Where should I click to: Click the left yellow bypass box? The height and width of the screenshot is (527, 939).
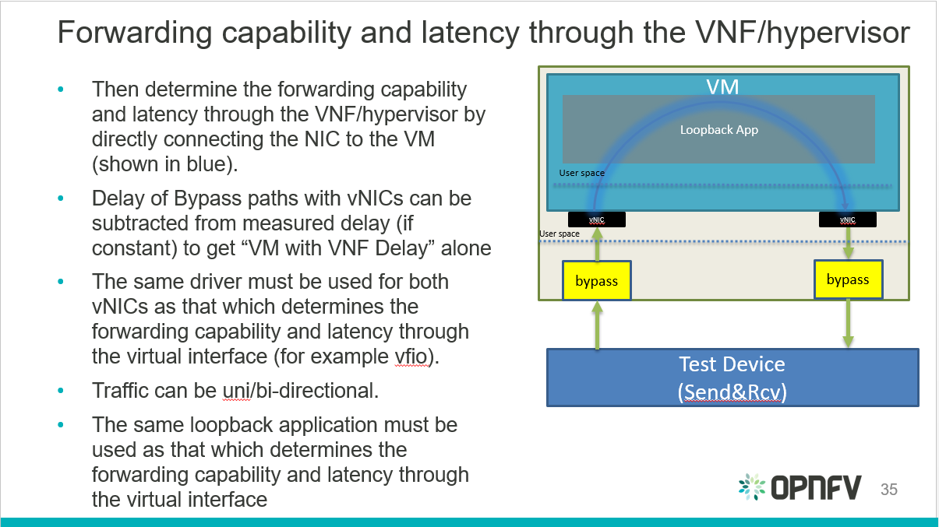pyautogui.click(x=596, y=281)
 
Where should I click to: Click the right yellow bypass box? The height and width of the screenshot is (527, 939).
pyautogui.click(x=847, y=279)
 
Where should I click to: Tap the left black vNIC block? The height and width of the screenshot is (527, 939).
pyautogui.click(x=597, y=220)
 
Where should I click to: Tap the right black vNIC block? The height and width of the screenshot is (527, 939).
pyautogui.click(x=847, y=220)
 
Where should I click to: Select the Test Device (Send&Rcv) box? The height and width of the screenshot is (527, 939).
pyautogui.click(x=732, y=378)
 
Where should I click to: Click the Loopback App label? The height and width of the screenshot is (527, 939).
pyautogui.click(x=718, y=130)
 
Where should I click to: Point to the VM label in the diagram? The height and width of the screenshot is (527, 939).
pyautogui.click(x=722, y=86)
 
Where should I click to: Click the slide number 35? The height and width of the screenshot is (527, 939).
pyautogui.click(x=888, y=490)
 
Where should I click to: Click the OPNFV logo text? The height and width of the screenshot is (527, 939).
pyautogui.click(x=816, y=488)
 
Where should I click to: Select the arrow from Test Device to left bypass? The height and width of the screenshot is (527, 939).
pyautogui.click(x=597, y=325)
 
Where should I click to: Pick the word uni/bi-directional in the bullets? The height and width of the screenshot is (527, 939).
pyautogui.click(x=301, y=390)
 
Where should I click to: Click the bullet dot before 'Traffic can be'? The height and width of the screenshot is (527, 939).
pyautogui.click(x=62, y=390)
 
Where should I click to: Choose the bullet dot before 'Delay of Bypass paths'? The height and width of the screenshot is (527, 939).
pyautogui.click(x=62, y=199)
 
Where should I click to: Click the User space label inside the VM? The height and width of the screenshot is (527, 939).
pyautogui.click(x=581, y=173)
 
